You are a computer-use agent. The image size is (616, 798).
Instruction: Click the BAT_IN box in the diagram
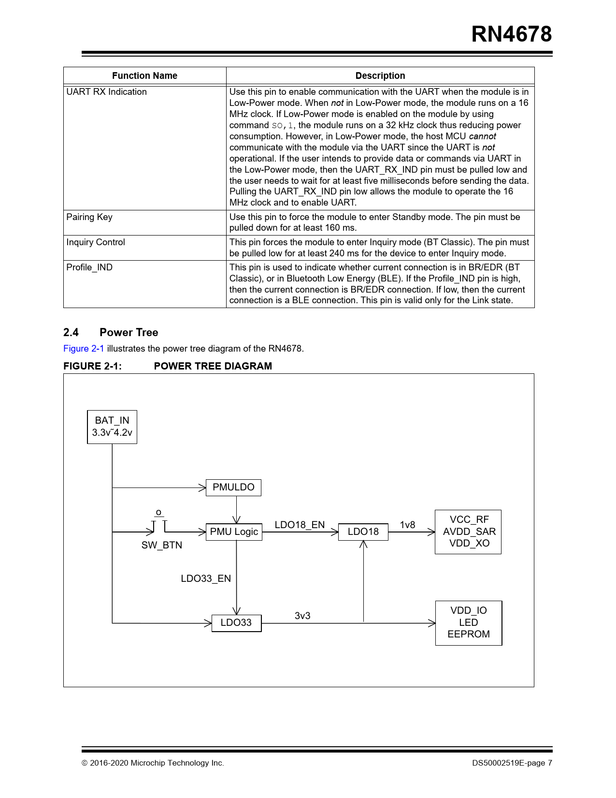[x=112, y=427]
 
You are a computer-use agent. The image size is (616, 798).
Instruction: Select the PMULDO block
[x=233, y=487]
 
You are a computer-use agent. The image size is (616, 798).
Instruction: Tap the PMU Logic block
[x=234, y=532]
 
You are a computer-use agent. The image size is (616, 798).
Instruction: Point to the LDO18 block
[x=363, y=532]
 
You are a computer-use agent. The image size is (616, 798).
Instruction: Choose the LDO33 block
[x=236, y=622]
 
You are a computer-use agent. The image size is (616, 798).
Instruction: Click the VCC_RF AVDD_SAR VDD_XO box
[x=468, y=532]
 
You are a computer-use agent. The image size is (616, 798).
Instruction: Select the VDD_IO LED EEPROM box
[x=469, y=622]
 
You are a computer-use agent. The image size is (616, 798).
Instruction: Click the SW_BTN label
[x=161, y=545]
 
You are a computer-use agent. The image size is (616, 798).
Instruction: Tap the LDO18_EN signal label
[x=300, y=525]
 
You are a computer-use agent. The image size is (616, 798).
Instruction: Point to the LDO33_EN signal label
[x=206, y=578]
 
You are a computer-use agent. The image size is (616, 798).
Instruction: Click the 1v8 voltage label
[x=407, y=525]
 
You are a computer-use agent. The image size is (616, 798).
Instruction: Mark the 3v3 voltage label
[x=302, y=616]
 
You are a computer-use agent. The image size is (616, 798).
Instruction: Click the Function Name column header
[x=144, y=75]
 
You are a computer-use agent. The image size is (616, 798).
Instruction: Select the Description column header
[x=380, y=75]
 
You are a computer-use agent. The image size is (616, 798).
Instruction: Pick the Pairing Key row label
[x=89, y=217]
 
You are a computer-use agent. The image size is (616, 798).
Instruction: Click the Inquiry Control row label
[x=96, y=242]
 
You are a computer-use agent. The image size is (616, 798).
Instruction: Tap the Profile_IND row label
[x=89, y=267]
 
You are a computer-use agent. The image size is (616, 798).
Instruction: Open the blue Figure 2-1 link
[x=84, y=348]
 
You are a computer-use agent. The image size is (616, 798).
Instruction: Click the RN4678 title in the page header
[x=511, y=34]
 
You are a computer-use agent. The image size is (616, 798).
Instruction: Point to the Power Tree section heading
[x=129, y=332]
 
